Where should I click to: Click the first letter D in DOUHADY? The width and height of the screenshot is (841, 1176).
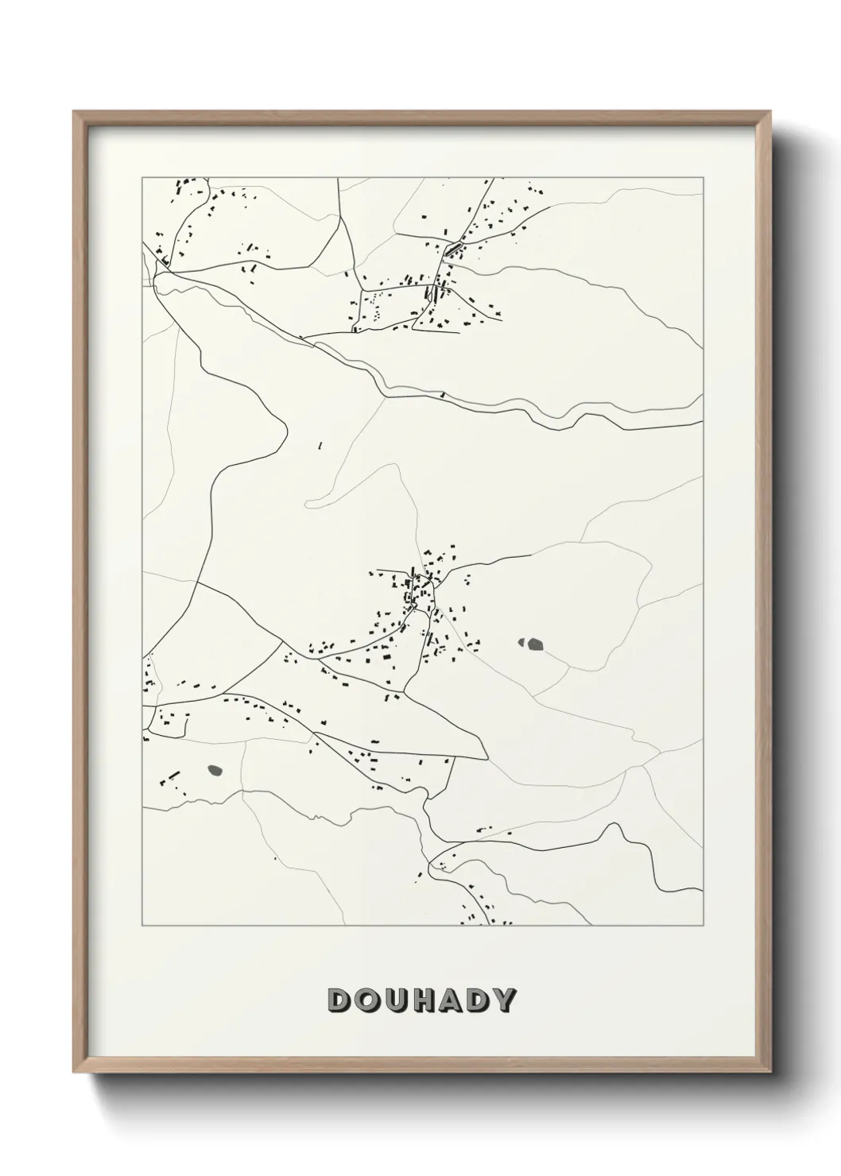pyautogui.click(x=338, y=1000)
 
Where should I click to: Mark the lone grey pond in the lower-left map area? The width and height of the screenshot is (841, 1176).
pyautogui.click(x=214, y=769)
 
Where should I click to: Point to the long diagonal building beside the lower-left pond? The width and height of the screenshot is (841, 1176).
pyautogui.click(x=174, y=773)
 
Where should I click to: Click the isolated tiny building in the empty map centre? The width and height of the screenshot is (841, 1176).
pyautogui.click(x=319, y=447)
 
